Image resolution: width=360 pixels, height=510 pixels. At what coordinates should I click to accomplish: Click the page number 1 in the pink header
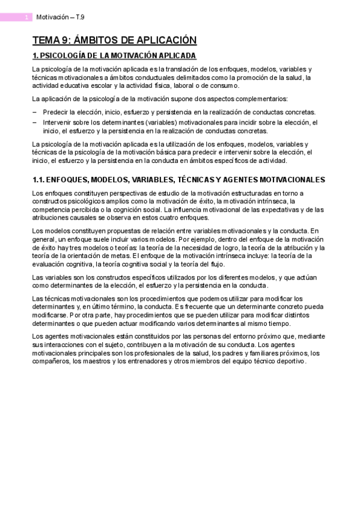pyautogui.click(x=26, y=17)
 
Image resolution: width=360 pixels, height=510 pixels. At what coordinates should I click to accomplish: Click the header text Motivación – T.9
pyautogui.click(x=60, y=17)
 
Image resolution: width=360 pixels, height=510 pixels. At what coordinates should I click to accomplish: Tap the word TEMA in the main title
pyautogui.click(x=46, y=40)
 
